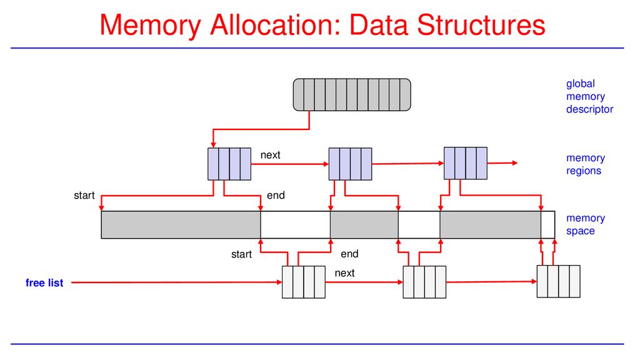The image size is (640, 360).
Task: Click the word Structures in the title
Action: point(481,24)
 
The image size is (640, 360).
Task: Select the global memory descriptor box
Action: point(352,95)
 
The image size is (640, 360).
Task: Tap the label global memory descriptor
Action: point(589,96)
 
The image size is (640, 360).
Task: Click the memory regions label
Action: point(585,164)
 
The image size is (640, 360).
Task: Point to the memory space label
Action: point(585,224)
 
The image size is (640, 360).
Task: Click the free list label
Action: point(44,283)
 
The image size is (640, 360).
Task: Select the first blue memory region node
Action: point(229,164)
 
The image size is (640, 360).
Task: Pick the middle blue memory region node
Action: point(350,164)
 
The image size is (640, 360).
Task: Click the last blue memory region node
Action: point(465,163)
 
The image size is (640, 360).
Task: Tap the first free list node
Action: point(304,282)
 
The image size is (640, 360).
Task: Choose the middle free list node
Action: point(424,282)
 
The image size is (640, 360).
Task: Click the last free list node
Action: point(558,281)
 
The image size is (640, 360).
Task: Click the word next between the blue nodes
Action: point(270,155)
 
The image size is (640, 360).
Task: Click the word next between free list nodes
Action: point(344,273)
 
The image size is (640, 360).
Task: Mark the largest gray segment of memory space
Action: point(181,225)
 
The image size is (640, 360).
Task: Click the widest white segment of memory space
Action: point(296,225)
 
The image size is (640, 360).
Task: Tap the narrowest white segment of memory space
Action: point(547,225)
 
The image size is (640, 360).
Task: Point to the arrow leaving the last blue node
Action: point(502,163)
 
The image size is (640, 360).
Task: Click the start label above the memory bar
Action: point(84,196)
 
